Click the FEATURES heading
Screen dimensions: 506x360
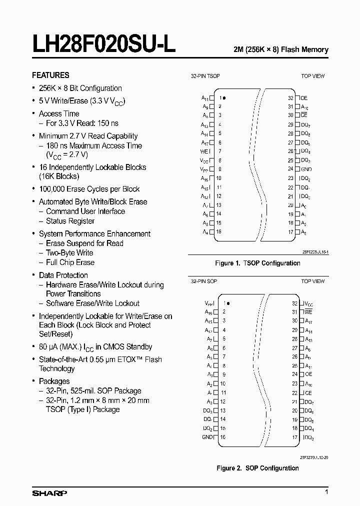50,75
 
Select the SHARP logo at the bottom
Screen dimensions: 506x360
49,493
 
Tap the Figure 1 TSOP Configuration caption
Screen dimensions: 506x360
257,263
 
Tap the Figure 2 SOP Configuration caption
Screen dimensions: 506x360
257,468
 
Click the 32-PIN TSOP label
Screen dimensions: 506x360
205,76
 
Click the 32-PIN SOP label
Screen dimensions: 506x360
204,281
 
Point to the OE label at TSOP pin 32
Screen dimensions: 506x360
304,98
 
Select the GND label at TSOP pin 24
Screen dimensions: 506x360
306,169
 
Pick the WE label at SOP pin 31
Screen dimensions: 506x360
308,312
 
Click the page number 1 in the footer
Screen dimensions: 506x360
326,493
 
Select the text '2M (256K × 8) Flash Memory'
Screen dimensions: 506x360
281,49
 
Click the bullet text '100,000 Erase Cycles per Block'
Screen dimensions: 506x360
89,189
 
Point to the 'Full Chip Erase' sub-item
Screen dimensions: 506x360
70,262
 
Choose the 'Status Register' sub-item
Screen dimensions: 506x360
70,220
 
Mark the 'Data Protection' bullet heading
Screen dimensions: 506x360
63,275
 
